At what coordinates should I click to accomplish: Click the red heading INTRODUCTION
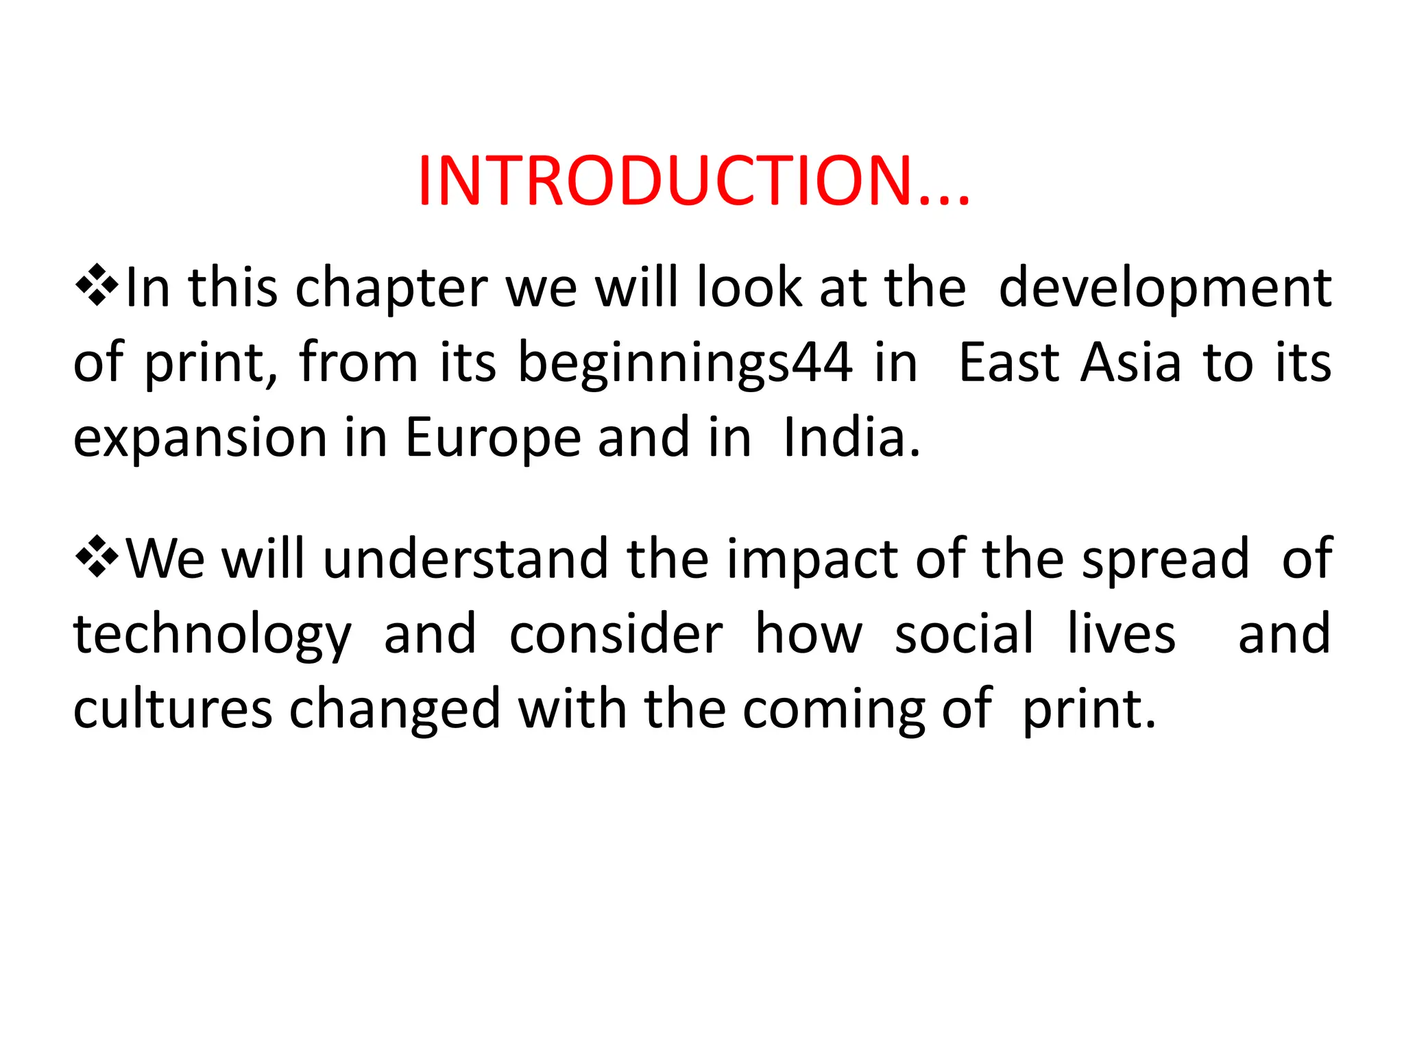(x=693, y=180)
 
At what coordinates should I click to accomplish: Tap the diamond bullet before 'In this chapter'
(x=97, y=285)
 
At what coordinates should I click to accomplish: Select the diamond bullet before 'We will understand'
(x=97, y=556)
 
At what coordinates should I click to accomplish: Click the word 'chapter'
(x=391, y=288)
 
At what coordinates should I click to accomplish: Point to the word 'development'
(x=1165, y=288)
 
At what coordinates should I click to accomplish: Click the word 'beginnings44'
(x=685, y=363)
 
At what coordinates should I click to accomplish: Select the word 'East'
(x=1008, y=363)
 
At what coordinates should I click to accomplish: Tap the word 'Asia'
(x=1131, y=363)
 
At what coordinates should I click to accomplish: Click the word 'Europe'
(x=493, y=438)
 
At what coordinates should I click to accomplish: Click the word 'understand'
(x=465, y=559)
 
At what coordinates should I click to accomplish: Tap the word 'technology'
(x=213, y=636)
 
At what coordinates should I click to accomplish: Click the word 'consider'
(x=616, y=634)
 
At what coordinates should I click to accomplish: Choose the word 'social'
(x=964, y=634)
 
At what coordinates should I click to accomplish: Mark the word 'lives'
(x=1122, y=634)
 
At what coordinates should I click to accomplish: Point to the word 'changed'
(x=396, y=710)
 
